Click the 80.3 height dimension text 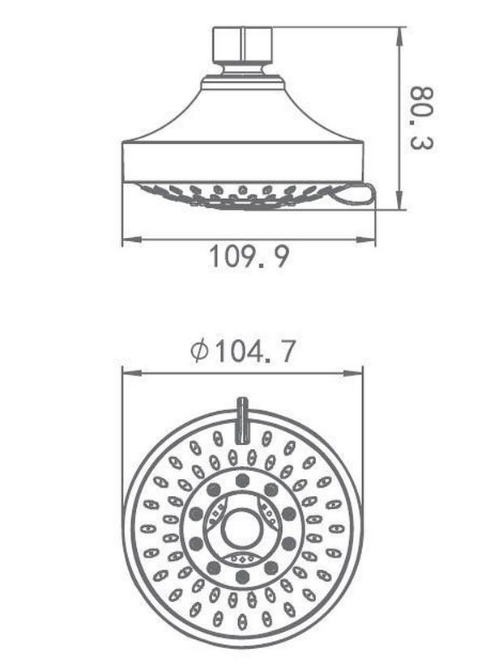point(422,118)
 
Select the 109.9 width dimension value point(249,257)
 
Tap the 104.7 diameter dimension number point(255,351)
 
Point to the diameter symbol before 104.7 point(199,351)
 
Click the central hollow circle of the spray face point(242,529)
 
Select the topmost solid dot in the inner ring point(242,481)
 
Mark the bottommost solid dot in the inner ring point(242,577)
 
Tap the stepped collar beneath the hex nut point(242,82)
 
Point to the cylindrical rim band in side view point(242,162)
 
